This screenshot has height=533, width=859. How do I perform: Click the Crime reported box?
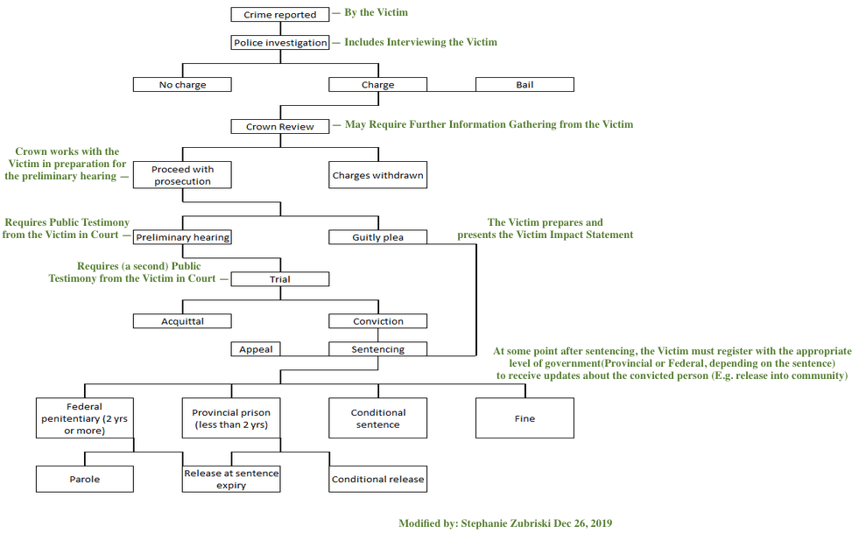(280, 15)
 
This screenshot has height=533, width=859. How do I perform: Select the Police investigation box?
(280, 43)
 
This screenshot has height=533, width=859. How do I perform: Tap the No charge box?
(182, 85)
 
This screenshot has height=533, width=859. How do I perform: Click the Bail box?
(525, 85)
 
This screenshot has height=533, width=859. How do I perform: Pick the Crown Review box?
(280, 127)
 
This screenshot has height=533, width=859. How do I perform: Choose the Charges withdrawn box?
(378, 175)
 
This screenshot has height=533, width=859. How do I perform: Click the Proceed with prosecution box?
(182, 175)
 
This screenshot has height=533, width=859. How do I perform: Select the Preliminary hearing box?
(182, 237)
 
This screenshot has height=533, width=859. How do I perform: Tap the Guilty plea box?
(378, 237)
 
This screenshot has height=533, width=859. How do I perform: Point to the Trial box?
(280, 279)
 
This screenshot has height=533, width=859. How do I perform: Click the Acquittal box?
(182, 321)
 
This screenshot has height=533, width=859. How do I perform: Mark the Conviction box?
(378, 321)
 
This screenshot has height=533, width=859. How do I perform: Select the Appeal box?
(256, 349)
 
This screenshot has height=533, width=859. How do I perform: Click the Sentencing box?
(378, 349)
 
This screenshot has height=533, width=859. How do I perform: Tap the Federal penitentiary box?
(84, 418)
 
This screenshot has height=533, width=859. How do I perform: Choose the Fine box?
(525, 418)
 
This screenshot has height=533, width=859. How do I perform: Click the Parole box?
(84, 479)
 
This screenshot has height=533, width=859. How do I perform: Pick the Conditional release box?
(378, 479)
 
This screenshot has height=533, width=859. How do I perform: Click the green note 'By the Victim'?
(376, 13)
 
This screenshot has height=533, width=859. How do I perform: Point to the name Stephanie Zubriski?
(525, 523)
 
